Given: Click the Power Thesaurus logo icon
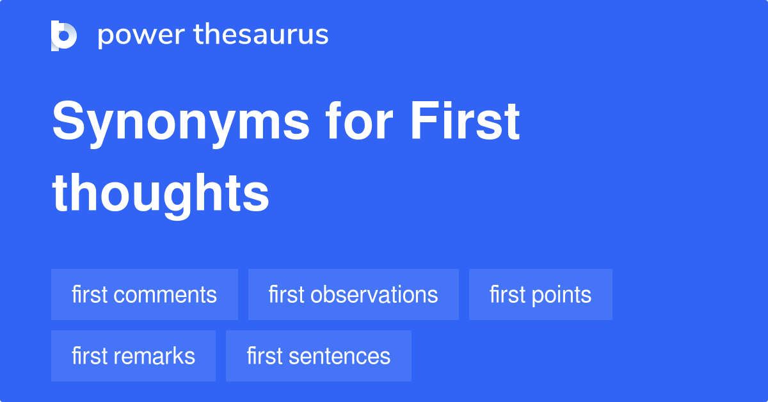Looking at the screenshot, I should pyautogui.click(x=64, y=35).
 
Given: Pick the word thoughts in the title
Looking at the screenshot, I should pyautogui.click(x=161, y=193).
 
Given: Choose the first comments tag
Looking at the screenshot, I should pyautogui.click(x=144, y=294).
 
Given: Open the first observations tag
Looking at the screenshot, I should pyautogui.click(x=353, y=294).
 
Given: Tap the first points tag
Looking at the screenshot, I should pyautogui.click(x=540, y=294).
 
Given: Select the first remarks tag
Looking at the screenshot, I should pyautogui.click(x=133, y=356).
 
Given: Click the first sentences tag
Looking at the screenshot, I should pyautogui.click(x=318, y=356).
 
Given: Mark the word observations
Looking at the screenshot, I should pyautogui.click(x=374, y=295).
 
